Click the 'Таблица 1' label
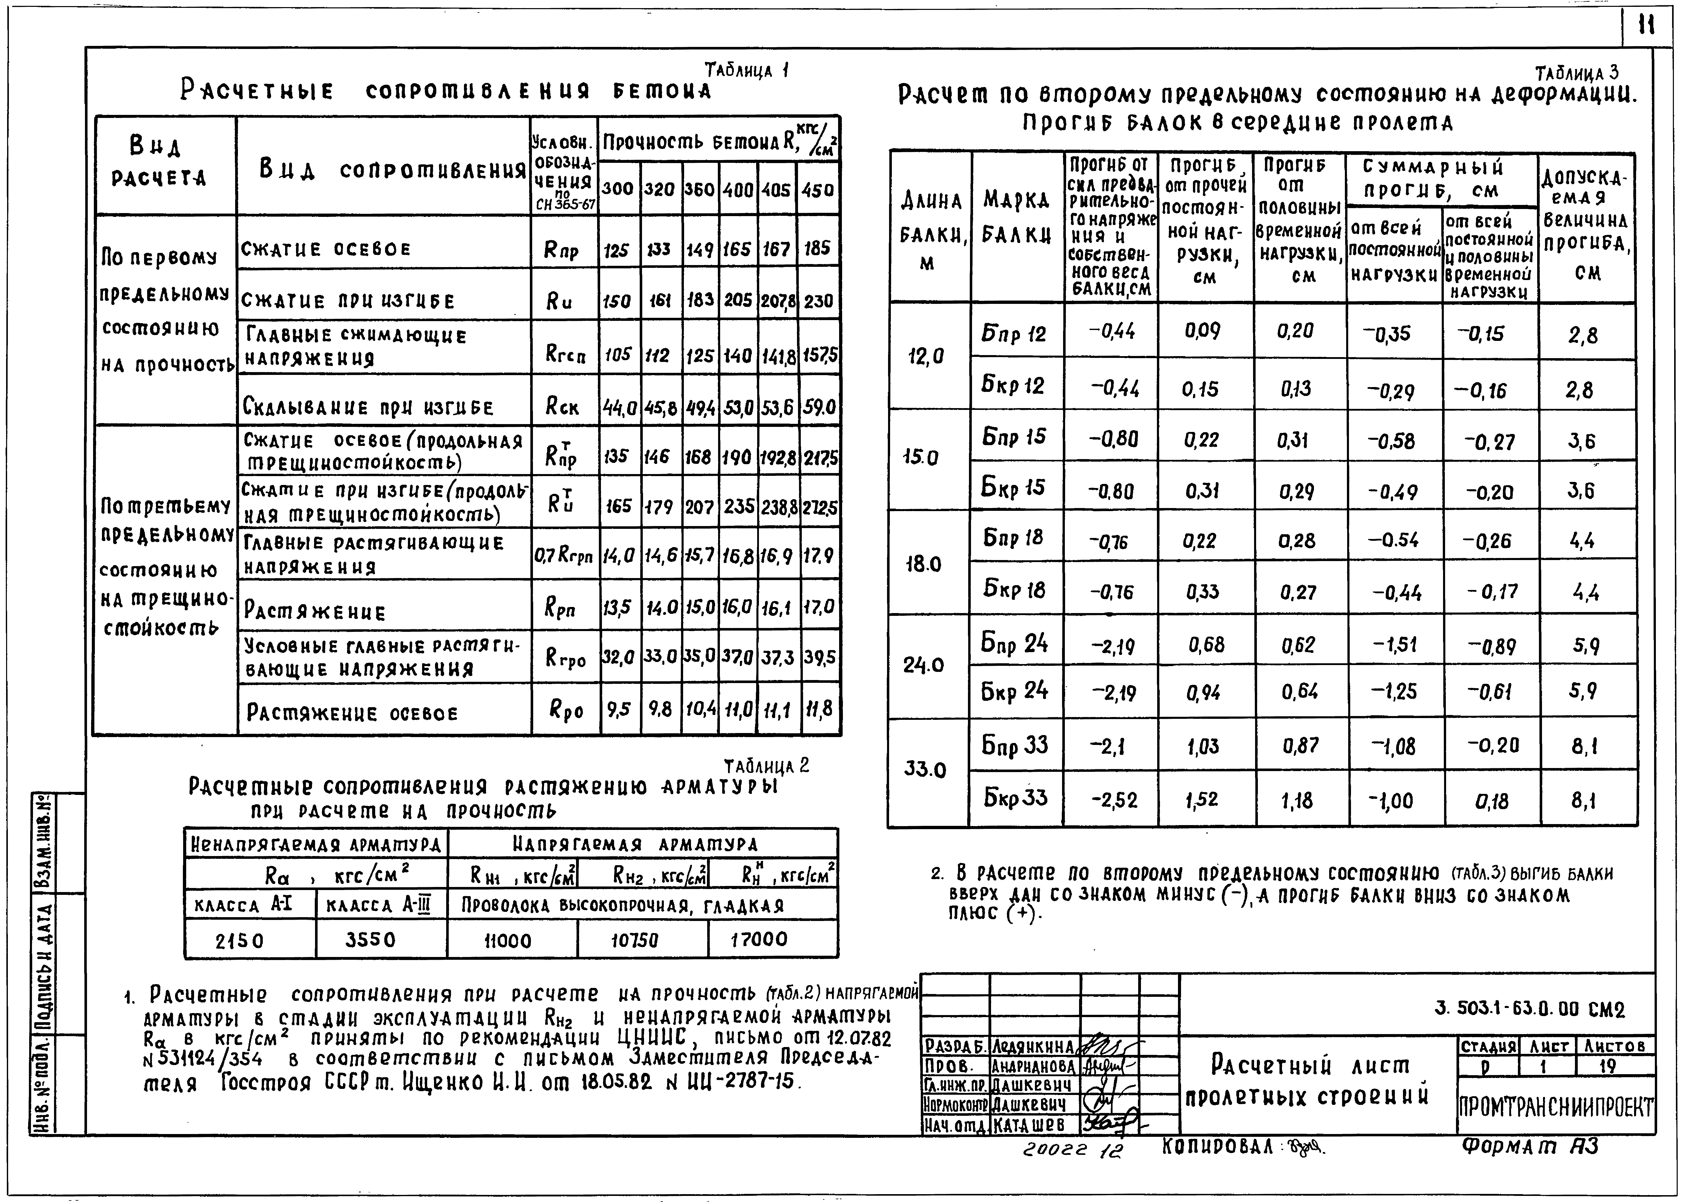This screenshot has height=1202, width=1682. click(747, 71)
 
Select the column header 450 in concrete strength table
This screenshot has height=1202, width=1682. click(818, 189)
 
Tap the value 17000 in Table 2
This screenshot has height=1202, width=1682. click(759, 939)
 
